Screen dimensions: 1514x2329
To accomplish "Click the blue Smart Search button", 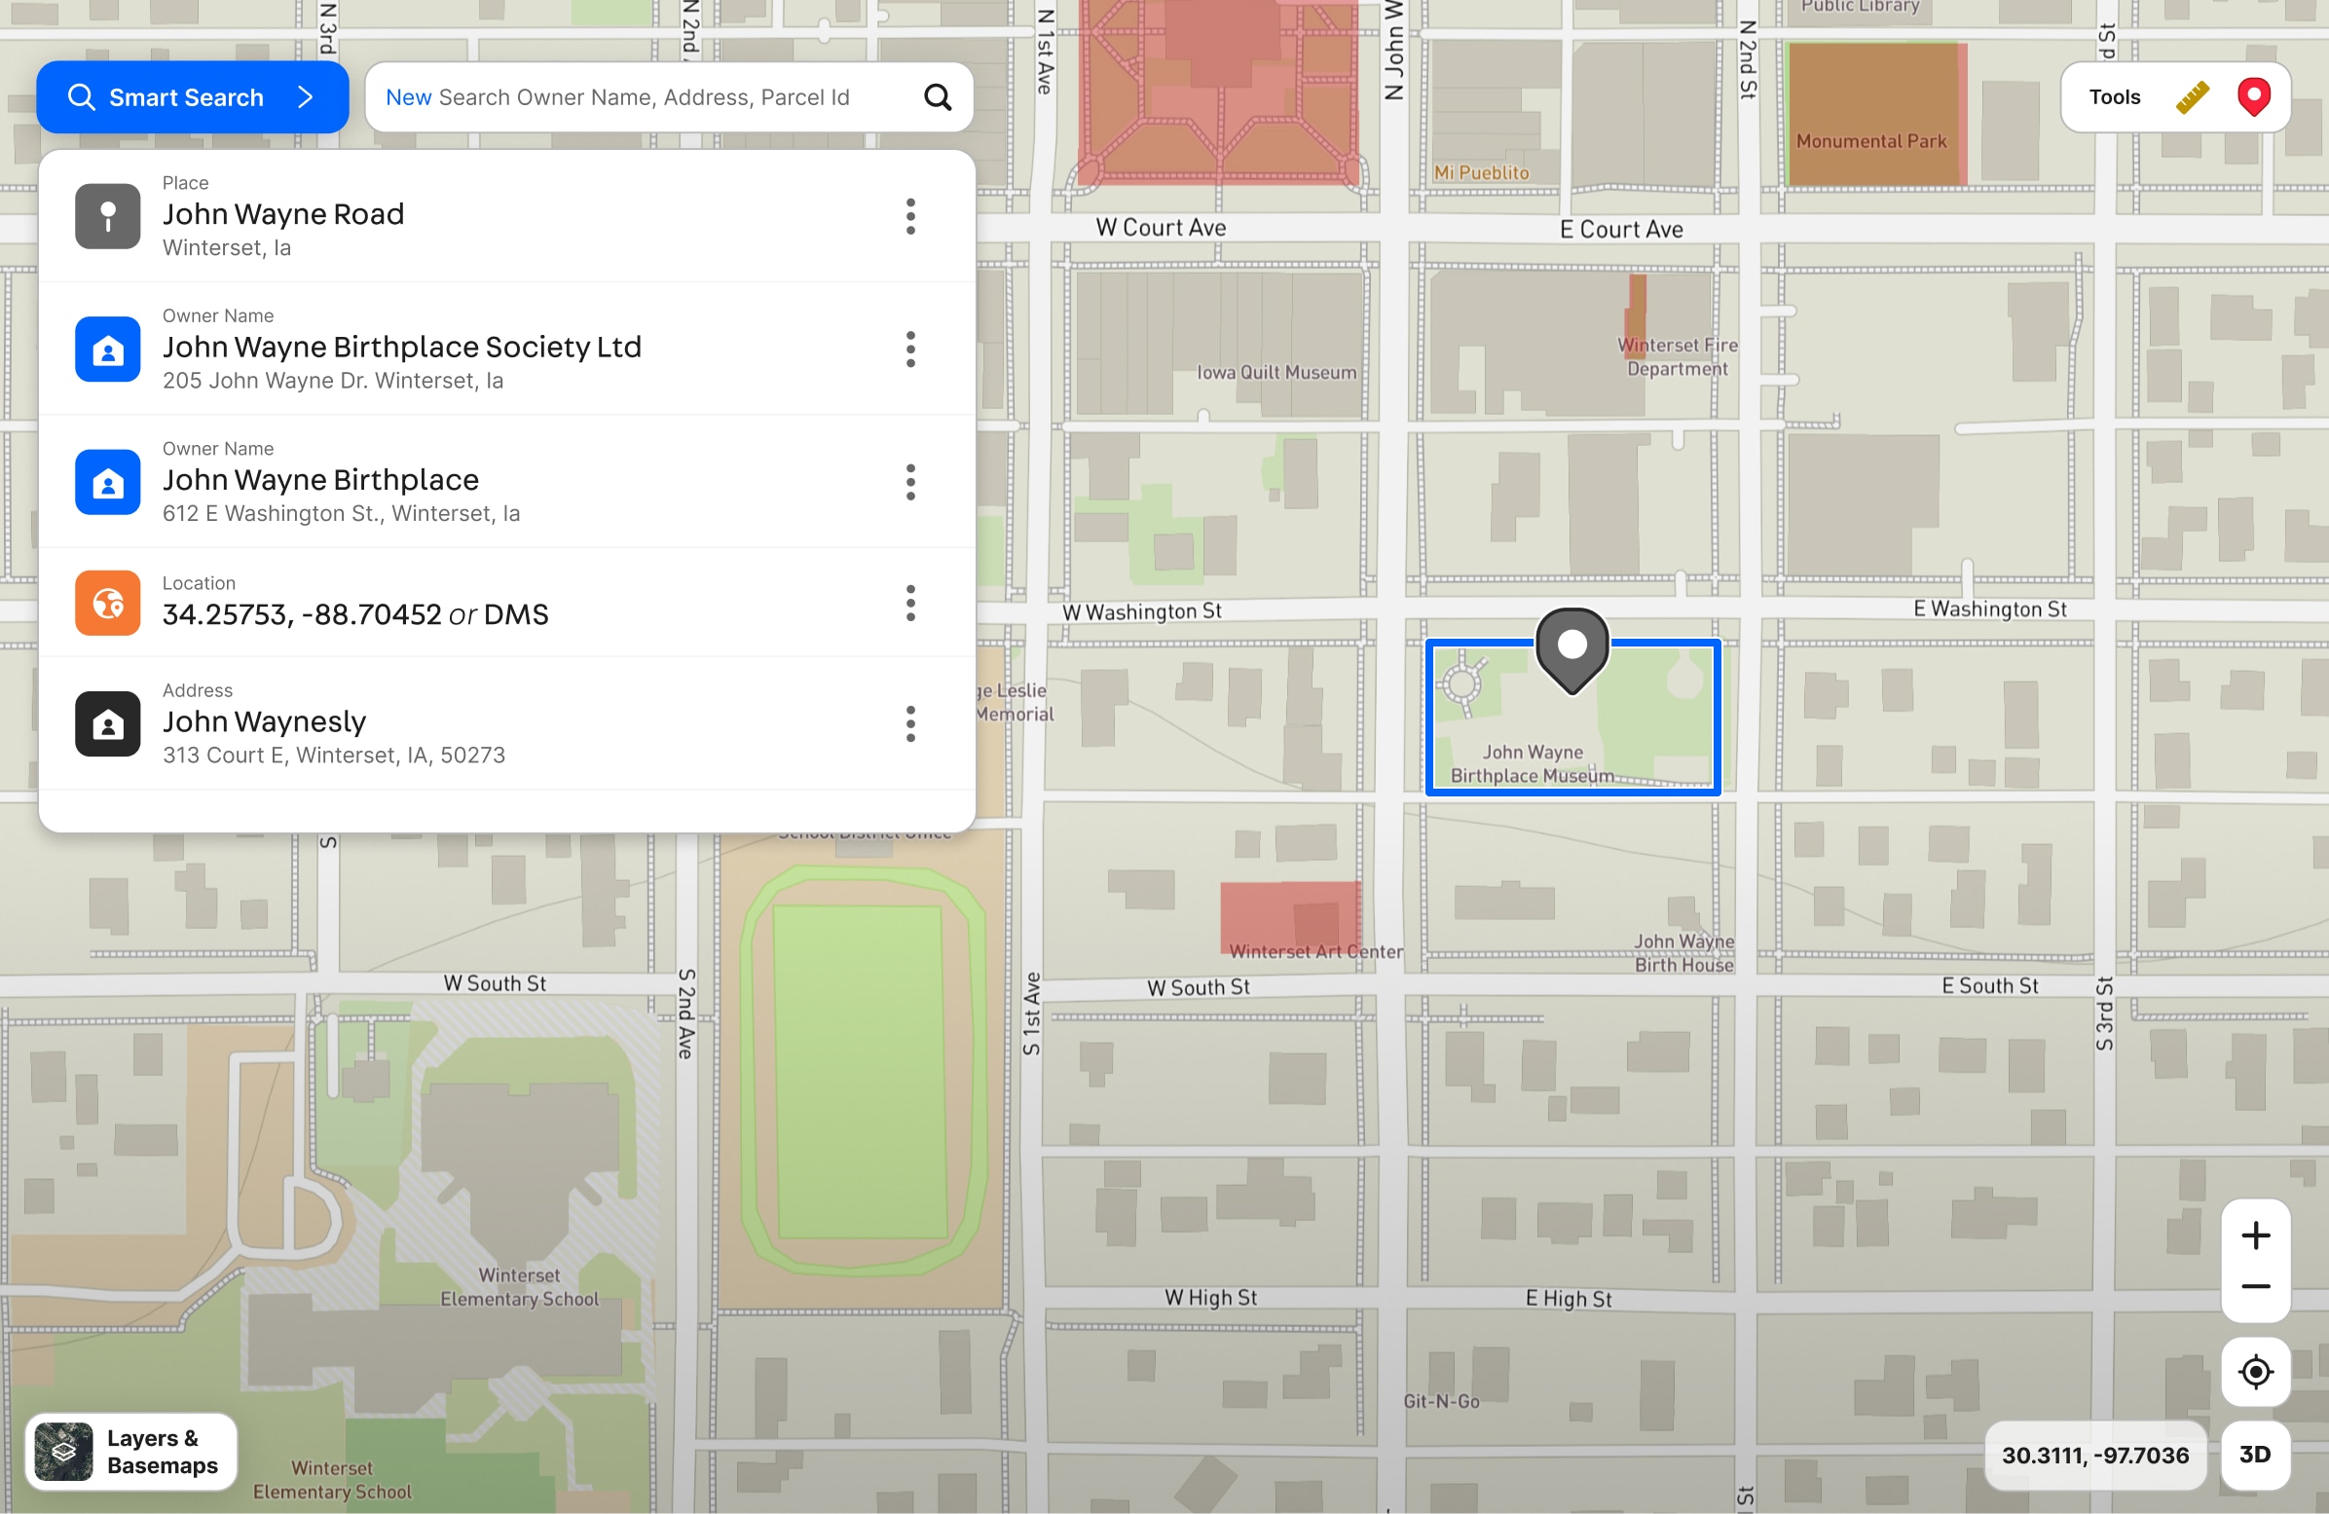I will [192, 97].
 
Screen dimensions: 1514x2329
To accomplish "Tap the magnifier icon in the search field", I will [938, 97].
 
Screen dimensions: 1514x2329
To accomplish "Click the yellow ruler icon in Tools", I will [2192, 97].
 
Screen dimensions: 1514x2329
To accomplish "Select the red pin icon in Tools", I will [2254, 97].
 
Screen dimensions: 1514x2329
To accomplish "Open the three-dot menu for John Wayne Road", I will [910, 216].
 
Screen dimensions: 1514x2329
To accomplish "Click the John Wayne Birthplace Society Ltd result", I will [401, 348].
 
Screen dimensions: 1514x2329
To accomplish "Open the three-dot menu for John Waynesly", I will [910, 724].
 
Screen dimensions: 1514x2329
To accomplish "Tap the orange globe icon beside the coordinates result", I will [108, 603].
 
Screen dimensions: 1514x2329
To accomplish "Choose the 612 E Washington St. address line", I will [341, 514].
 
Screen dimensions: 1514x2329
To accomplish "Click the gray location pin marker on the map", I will [1571, 646].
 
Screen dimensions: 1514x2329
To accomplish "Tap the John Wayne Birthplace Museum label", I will [1532, 764].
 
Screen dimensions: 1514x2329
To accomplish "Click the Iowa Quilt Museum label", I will [1276, 373].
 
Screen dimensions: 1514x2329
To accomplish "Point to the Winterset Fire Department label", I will [1678, 357].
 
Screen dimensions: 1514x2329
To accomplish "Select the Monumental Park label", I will [1871, 142].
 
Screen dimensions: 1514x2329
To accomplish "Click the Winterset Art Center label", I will [1315, 951].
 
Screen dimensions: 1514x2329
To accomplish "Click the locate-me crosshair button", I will [2255, 1372].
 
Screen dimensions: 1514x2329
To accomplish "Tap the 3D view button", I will [2255, 1455].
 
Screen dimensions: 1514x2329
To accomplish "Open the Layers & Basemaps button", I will [131, 1453].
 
